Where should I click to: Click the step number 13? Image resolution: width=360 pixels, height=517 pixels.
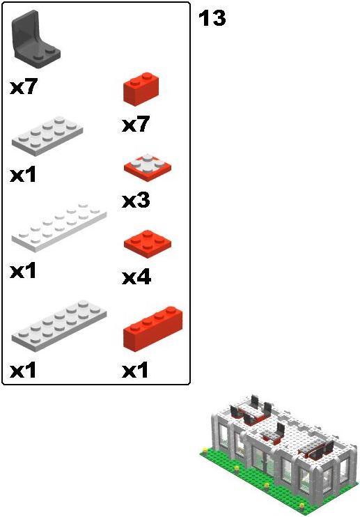click(212, 18)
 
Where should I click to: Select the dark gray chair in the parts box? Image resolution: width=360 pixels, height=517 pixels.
click(36, 40)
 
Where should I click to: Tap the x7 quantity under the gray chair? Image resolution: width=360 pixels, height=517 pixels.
click(24, 87)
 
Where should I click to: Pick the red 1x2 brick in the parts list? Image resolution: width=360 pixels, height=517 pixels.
click(141, 89)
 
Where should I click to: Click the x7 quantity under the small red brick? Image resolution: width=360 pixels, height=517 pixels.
click(136, 124)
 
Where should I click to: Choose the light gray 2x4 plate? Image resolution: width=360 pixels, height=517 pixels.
click(47, 136)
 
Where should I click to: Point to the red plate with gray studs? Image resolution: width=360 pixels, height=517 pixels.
click(147, 167)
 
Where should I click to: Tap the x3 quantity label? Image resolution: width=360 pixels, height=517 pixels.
click(136, 201)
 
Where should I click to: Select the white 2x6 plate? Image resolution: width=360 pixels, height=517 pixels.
click(59, 228)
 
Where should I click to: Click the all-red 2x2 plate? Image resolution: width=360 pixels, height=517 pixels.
click(147, 244)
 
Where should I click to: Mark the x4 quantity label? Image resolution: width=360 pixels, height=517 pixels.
click(136, 277)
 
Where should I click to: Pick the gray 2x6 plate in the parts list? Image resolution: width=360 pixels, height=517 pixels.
click(59, 325)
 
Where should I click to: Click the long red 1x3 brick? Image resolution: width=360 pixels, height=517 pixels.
click(152, 329)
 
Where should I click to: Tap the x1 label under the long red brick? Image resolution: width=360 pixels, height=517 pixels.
click(134, 371)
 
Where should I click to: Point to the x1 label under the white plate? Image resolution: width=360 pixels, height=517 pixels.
click(23, 271)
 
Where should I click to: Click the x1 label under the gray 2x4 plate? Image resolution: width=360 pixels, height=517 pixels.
click(23, 175)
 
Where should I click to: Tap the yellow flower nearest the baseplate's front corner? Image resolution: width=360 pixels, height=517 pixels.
click(302, 505)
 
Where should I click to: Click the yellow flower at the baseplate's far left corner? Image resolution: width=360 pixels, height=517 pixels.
click(205, 449)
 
